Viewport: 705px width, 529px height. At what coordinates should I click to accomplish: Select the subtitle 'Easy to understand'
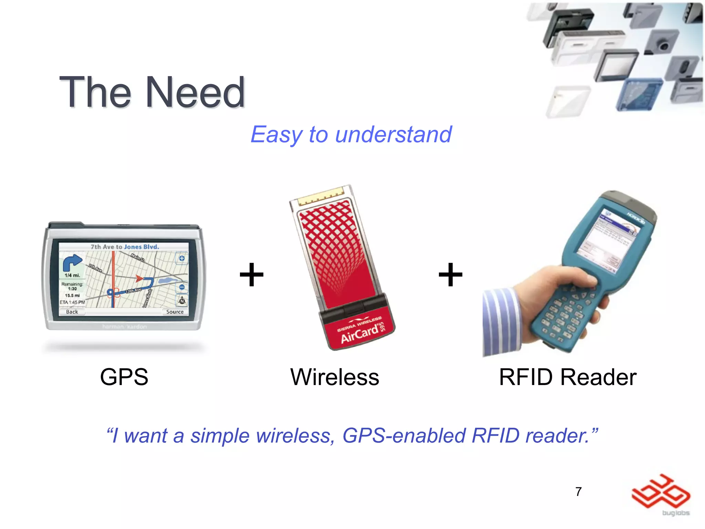click(351, 134)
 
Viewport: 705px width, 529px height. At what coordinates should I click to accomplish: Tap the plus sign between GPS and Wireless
click(252, 274)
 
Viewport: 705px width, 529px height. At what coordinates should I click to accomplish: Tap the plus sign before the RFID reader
click(450, 274)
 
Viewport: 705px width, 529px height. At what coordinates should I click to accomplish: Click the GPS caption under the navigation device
click(124, 377)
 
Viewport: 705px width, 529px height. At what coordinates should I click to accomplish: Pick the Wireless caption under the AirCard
click(335, 377)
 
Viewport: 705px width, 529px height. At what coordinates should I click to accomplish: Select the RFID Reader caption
click(568, 377)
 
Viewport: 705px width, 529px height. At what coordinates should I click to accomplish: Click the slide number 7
click(578, 491)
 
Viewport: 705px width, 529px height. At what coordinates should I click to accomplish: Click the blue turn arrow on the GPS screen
click(72, 263)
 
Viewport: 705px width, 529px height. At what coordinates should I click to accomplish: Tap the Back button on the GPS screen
click(72, 312)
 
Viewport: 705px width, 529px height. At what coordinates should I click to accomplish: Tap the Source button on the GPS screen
click(175, 312)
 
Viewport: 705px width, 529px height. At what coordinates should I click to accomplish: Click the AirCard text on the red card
click(359, 334)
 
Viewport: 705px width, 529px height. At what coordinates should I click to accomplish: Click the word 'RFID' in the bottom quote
click(495, 435)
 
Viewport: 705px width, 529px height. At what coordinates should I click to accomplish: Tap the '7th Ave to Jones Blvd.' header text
click(125, 247)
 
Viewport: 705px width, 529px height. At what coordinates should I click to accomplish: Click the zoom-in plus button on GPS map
click(182, 258)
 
